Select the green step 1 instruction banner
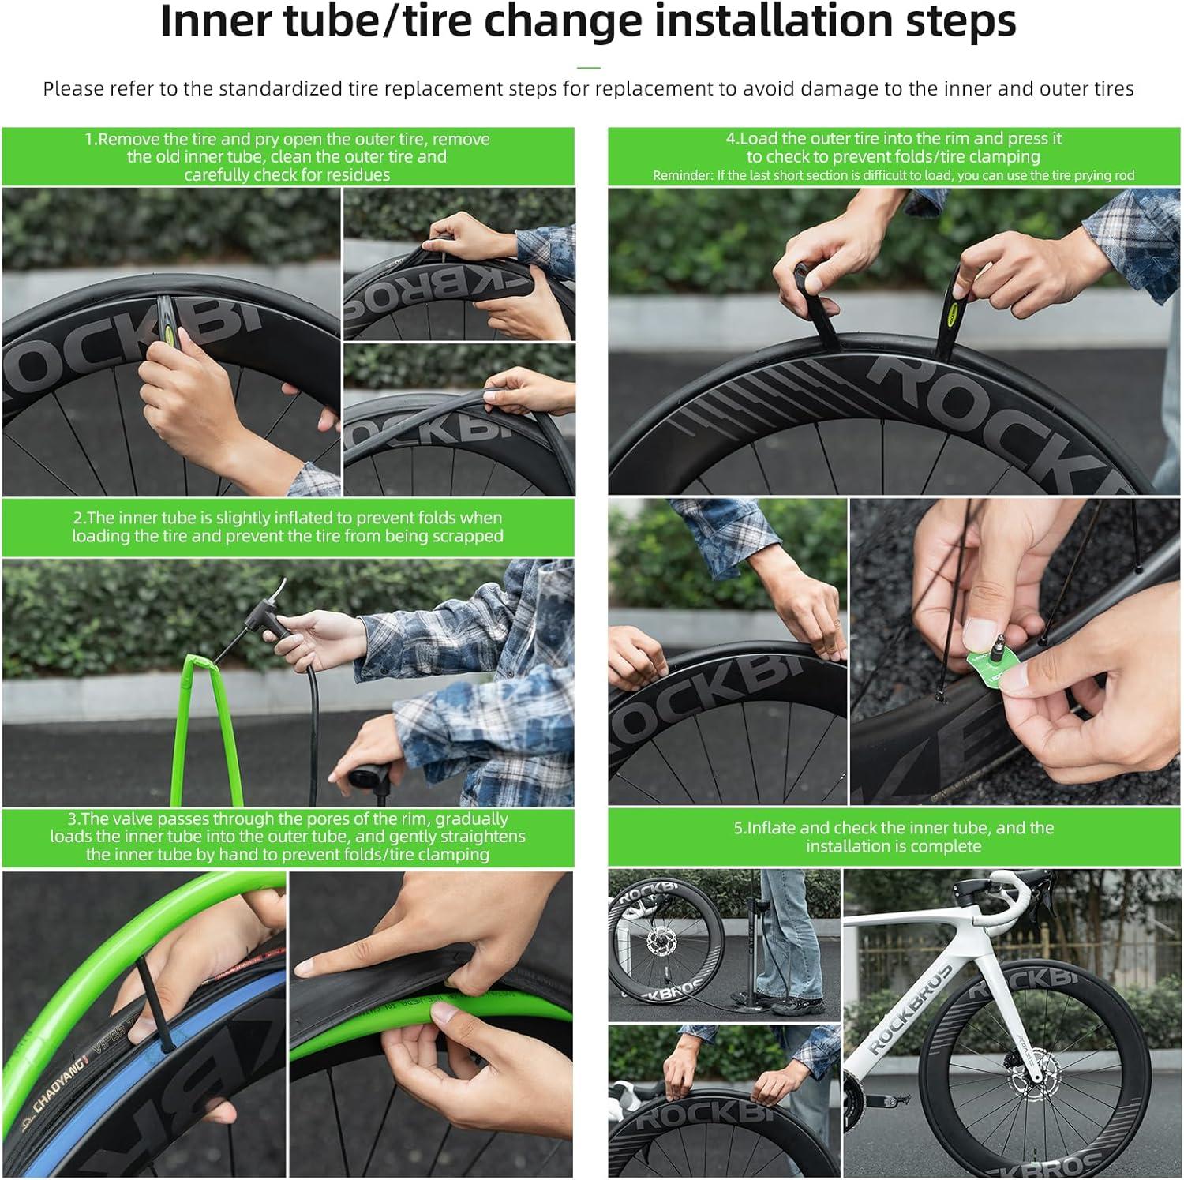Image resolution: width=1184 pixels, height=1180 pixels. [287, 156]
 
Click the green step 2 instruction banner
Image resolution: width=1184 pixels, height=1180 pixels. [287, 527]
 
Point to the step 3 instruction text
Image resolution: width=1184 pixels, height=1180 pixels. [287, 837]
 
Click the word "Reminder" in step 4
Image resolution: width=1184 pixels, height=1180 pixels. [681, 175]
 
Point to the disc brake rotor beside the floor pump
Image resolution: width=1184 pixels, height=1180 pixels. [658, 942]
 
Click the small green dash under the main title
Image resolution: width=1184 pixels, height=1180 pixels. [589, 69]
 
